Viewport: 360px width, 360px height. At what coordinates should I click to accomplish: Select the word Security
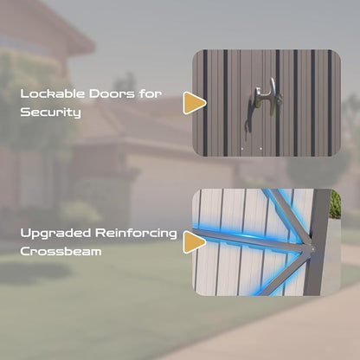[50, 112]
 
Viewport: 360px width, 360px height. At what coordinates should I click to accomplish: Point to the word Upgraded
[55, 234]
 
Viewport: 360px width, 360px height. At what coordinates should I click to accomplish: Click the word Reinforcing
[136, 234]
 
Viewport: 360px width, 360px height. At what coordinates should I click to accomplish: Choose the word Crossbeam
[61, 251]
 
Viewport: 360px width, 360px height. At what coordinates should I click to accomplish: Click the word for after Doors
[150, 93]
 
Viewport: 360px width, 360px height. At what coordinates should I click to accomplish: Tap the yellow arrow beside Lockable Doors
[193, 103]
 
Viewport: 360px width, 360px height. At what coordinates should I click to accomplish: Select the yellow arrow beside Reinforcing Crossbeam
[193, 242]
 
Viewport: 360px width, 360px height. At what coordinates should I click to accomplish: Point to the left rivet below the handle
[242, 149]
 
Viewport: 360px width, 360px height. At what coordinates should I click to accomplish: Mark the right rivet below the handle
[260, 149]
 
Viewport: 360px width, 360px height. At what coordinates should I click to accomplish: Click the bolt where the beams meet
[312, 249]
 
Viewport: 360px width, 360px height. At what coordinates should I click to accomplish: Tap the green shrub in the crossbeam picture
[335, 204]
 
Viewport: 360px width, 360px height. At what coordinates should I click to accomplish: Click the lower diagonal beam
[284, 273]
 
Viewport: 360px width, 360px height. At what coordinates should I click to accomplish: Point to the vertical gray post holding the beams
[318, 242]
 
